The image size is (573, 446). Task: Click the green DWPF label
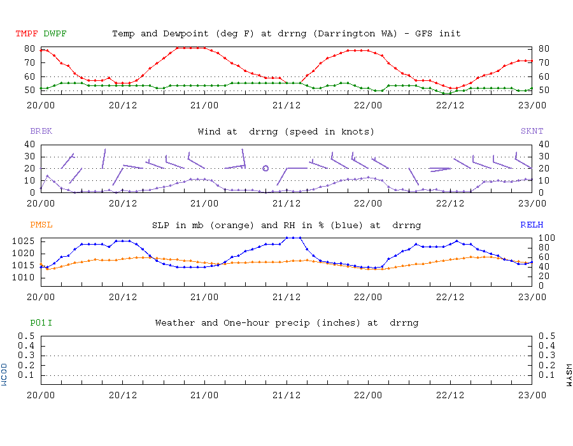pos(55,33)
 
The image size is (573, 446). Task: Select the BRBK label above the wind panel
pos(41,131)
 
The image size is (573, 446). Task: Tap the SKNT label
pos(532,131)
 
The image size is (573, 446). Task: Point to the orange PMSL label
pos(41,225)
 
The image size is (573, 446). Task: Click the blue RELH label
pos(532,225)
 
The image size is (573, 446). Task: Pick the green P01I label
pos(41,323)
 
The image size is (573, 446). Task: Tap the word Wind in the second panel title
pos(209,131)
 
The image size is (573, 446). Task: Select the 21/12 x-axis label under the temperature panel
pos(286,105)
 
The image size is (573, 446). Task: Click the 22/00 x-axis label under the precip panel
pos(369,395)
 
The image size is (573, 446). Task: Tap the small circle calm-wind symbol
pos(265,168)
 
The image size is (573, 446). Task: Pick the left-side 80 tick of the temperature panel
pos(29,48)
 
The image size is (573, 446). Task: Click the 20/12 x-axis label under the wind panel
pos(123,203)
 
